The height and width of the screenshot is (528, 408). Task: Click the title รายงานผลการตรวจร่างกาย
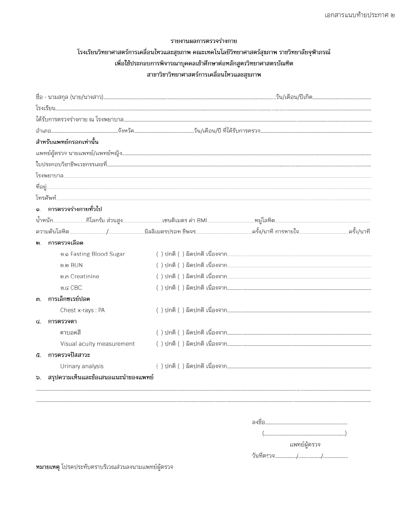point(204,41)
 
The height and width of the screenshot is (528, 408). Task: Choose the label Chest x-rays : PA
point(82,310)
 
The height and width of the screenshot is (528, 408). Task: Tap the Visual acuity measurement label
point(97,344)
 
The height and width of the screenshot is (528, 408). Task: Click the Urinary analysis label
point(82,366)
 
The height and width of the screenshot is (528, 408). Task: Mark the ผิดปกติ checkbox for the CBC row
point(181,288)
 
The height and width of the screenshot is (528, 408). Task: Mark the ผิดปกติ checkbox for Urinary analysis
point(181,366)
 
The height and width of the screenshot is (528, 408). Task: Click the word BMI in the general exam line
point(202,220)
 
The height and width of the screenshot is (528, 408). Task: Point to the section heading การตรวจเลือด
point(66,243)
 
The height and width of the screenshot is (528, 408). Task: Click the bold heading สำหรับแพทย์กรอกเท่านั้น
point(67,142)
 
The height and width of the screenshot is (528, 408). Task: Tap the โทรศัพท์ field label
point(46,198)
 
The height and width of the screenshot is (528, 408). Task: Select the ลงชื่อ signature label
point(258,422)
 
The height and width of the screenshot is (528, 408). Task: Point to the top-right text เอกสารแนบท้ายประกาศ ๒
point(359,15)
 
